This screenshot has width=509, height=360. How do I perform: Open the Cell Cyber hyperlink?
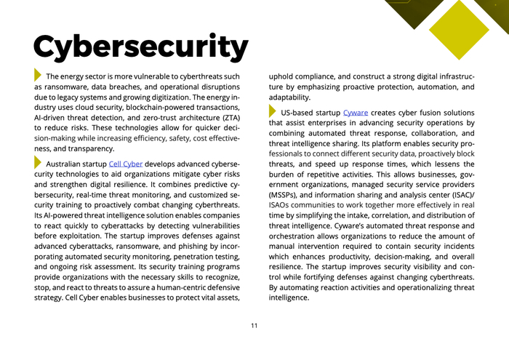pos(125,164)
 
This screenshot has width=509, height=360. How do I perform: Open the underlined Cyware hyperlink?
pos(356,113)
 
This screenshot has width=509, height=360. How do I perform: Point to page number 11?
pos(254,325)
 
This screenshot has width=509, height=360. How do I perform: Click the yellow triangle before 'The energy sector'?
pos(38,75)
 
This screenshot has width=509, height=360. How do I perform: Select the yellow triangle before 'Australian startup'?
pos(38,163)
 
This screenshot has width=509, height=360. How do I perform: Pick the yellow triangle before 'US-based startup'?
pos(273,112)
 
